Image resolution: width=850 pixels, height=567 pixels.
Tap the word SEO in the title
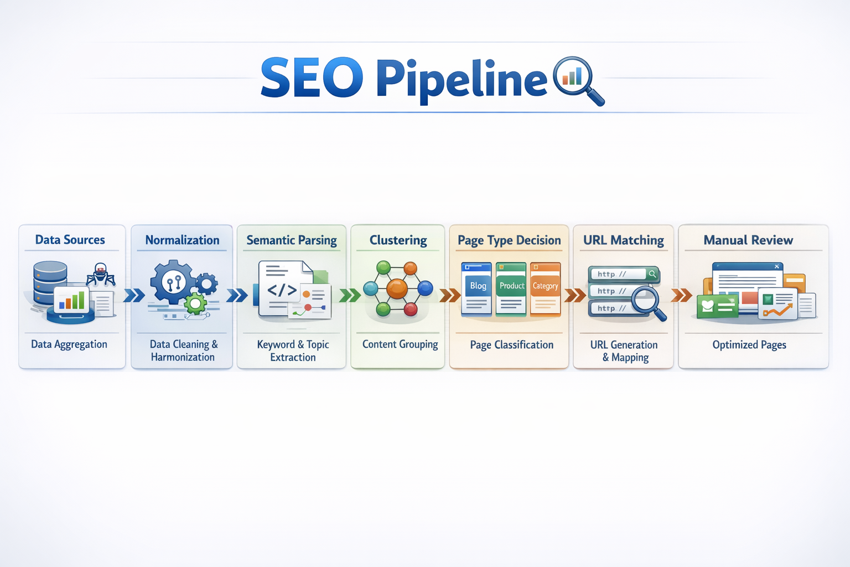click(312, 78)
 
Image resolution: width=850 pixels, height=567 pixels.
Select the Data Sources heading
click(70, 240)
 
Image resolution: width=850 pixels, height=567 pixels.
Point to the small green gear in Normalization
click(195, 303)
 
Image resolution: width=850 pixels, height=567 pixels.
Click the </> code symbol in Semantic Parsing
click(282, 290)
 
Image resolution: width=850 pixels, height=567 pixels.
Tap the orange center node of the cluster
click(397, 288)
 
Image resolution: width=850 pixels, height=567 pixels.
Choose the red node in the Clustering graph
click(411, 308)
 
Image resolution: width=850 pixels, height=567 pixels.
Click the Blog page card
click(476, 288)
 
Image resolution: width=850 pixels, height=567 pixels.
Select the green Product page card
click(511, 288)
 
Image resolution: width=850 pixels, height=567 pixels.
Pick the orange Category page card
click(545, 288)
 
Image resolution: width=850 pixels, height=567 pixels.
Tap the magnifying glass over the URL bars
click(646, 301)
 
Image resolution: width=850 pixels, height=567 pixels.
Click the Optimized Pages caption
click(749, 345)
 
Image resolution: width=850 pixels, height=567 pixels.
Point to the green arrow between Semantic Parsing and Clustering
click(349, 295)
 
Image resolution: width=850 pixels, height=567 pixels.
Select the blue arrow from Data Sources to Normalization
click(134, 295)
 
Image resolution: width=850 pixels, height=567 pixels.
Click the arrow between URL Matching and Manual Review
click(681, 295)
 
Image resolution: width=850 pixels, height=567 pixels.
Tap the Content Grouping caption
click(400, 344)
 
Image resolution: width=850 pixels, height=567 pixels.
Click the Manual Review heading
click(748, 240)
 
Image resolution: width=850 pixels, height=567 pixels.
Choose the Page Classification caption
click(511, 345)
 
